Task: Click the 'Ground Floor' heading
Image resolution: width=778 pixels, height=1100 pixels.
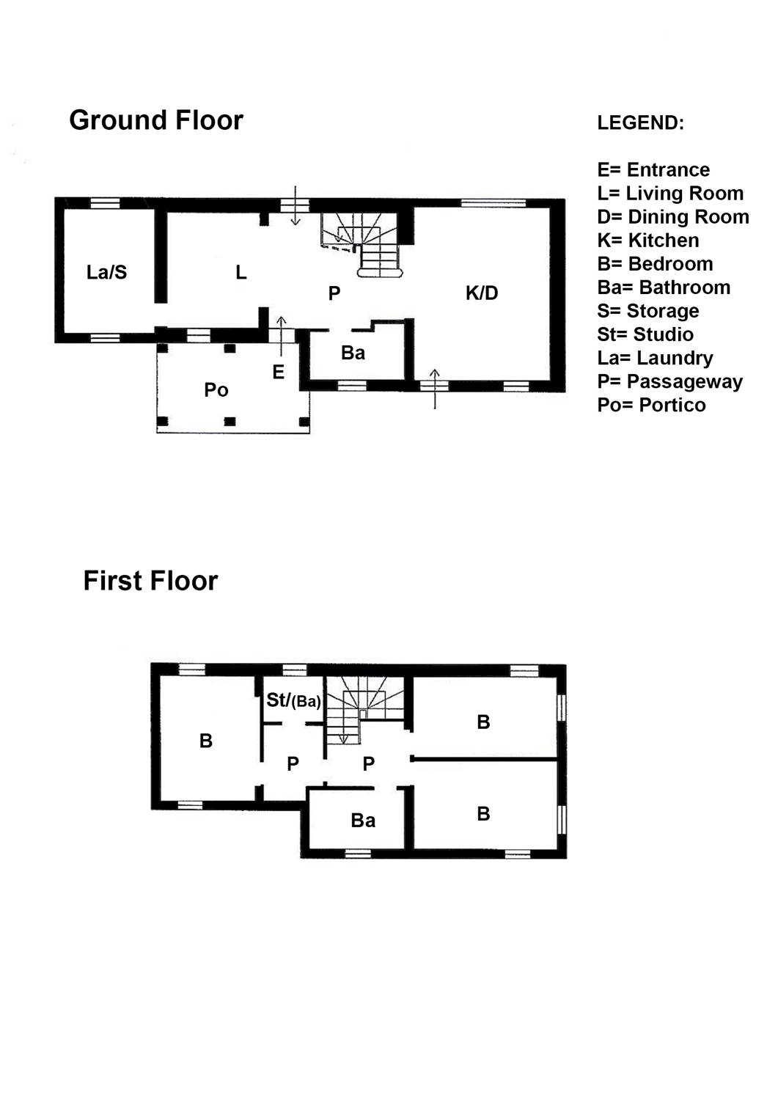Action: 156,121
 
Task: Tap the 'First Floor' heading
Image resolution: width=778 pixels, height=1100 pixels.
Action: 150,581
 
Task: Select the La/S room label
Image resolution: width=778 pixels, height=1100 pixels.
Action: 106,272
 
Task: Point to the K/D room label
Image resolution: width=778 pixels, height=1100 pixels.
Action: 482,293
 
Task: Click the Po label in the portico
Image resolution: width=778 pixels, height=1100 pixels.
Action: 216,390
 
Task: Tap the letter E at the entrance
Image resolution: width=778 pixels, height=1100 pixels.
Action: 279,373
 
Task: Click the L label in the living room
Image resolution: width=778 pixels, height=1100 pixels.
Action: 241,272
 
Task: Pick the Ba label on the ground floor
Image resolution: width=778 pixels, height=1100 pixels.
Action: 353,353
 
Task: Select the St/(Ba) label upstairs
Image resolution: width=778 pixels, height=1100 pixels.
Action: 294,700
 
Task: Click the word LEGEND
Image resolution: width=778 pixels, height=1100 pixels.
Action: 640,122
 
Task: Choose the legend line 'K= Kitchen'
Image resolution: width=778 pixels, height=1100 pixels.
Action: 648,241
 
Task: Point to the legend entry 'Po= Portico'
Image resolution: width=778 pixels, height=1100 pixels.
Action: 651,405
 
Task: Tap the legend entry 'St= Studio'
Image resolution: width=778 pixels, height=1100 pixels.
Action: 645,334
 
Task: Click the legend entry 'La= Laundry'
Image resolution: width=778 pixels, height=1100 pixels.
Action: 656,359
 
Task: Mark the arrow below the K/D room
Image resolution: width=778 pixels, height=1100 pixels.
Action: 435,388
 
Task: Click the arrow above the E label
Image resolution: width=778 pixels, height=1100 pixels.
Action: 281,336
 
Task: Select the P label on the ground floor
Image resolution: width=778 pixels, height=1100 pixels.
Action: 334,293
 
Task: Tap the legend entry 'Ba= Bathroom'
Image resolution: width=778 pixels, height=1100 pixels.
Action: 664,287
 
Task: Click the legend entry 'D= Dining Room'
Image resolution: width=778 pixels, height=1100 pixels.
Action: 673,217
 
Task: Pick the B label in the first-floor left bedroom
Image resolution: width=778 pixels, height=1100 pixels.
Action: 206,741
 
